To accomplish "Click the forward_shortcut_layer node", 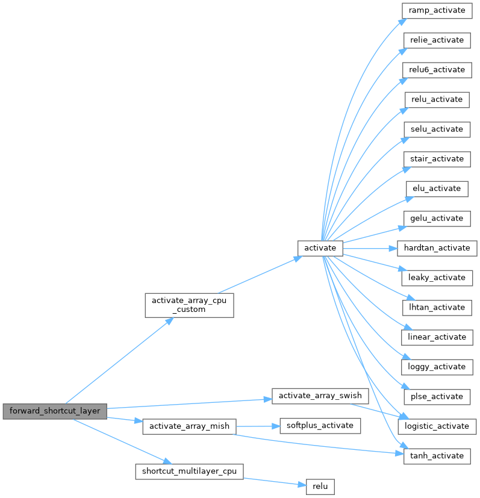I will click(55, 411).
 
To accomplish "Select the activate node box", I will click(320, 247).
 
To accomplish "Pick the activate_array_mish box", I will click(189, 426).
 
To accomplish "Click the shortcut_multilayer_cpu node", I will click(189, 470).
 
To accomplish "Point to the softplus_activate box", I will click(319, 426).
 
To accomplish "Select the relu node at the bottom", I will click(319, 485).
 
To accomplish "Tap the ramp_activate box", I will click(437, 10).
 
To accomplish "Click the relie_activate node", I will click(437, 40).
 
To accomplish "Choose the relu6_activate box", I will click(437, 70).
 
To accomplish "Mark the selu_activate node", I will click(437, 129).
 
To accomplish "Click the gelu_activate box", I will click(437, 218).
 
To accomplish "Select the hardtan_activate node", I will click(437, 247).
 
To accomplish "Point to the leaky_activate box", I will click(437, 278).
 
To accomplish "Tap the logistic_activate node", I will click(437, 426).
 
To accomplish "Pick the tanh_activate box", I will click(437, 456).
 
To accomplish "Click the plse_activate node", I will click(437, 396).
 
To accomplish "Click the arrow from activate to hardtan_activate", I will click(370, 247).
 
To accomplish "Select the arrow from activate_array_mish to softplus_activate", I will click(257, 426).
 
